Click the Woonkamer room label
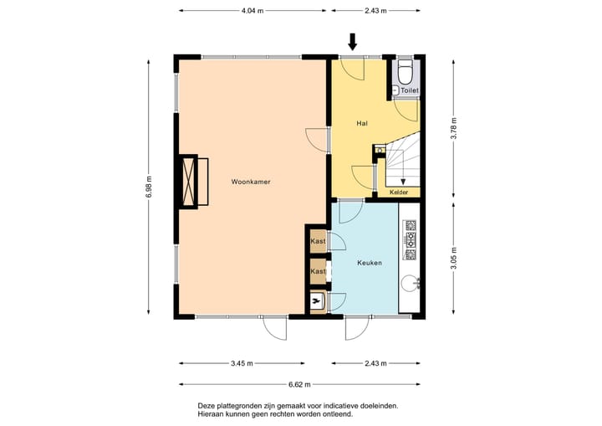[x=251, y=182]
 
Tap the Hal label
[x=362, y=123]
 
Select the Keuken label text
[x=370, y=263]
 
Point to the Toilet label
[x=410, y=90]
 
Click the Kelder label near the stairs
[x=399, y=192]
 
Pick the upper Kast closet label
[x=318, y=241]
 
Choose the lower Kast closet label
[x=318, y=271]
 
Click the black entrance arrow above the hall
[x=353, y=42]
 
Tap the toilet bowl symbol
[x=405, y=71]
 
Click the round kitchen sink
[x=408, y=284]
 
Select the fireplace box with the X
[x=188, y=182]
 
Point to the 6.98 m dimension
[x=149, y=187]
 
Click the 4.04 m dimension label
[x=253, y=11]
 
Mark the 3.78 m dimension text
[x=454, y=127]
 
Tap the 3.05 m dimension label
[x=454, y=259]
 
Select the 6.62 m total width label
[x=299, y=384]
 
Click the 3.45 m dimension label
[x=242, y=363]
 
